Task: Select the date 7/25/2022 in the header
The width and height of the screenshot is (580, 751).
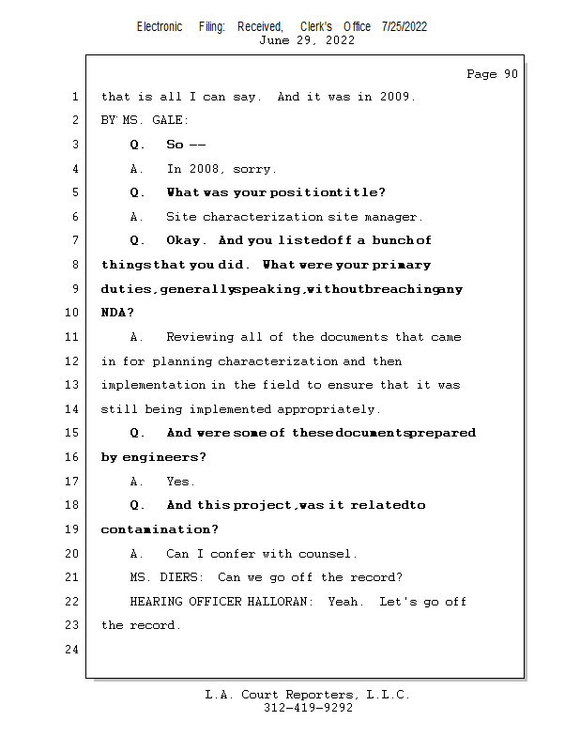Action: (x=404, y=26)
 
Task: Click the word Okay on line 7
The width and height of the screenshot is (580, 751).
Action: (x=184, y=241)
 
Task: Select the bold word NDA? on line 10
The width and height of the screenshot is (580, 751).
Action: (x=117, y=314)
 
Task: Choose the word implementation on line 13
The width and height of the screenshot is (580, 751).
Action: (x=153, y=385)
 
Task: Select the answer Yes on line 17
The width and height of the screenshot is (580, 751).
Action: (x=178, y=482)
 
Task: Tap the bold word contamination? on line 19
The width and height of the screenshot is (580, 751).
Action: (x=160, y=530)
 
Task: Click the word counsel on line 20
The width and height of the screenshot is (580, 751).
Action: (x=327, y=554)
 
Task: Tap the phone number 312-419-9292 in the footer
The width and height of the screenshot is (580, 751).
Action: (x=308, y=709)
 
